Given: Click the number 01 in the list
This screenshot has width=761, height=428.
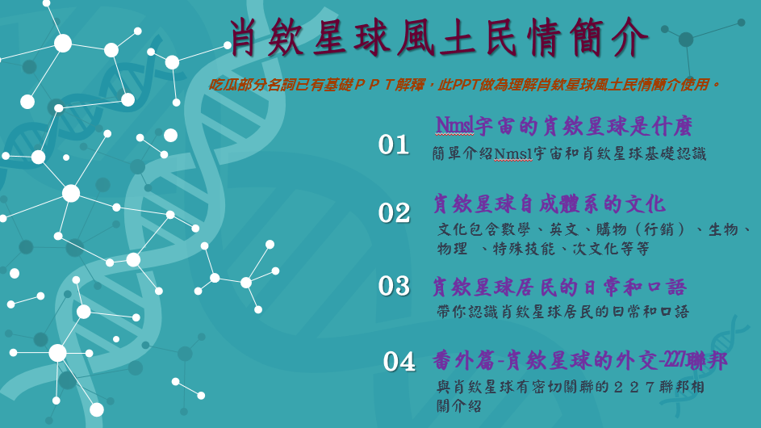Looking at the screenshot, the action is click(394, 145).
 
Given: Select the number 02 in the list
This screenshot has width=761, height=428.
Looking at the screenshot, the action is click(394, 212).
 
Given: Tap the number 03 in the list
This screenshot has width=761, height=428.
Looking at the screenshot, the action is click(394, 286).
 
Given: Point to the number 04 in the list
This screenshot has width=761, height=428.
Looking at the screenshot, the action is click(399, 362).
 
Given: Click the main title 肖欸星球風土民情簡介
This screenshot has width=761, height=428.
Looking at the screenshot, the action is click(439, 38).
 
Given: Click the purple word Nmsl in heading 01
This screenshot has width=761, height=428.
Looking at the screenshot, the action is click(455, 126).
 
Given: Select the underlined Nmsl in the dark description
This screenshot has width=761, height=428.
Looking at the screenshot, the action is click(513, 154).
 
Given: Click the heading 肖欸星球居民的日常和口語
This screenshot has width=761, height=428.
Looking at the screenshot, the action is click(559, 287).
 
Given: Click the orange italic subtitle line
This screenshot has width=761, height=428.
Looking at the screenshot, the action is click(465, 85).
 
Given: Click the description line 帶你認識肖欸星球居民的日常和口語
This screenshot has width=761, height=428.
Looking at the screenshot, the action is click(563, 312).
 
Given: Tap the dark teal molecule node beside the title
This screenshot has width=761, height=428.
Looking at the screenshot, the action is click(686, 40).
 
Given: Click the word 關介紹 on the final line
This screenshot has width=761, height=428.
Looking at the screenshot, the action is click(458, 406).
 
